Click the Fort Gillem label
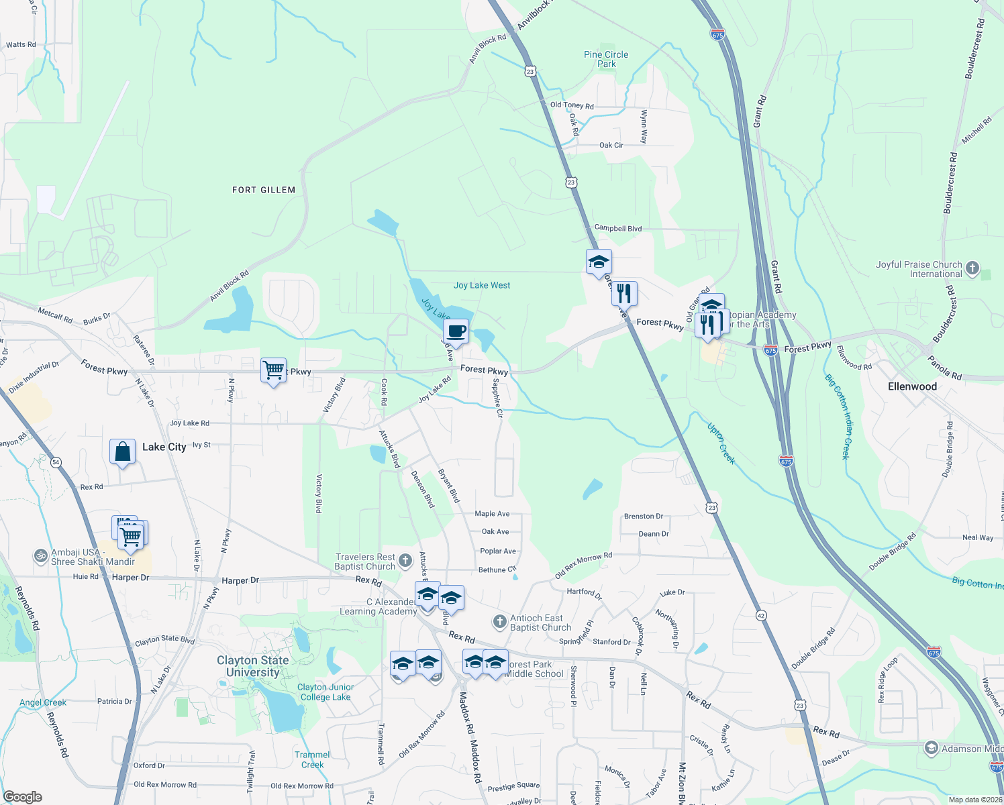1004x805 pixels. (x=264, y=190)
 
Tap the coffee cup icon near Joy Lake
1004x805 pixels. (x=456, y=331)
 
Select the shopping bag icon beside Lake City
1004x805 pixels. (x=123, y=451)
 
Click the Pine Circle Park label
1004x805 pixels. (x=606, y=59)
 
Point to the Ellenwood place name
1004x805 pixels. (x=912, y=386)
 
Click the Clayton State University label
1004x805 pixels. (x=253, y=666)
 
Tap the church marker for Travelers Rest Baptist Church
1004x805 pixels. (x=405, y=560)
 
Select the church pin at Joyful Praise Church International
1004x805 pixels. (x=972, y=268)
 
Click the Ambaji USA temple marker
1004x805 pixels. (x=41, y=555)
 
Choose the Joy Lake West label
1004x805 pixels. (x=482, y=285)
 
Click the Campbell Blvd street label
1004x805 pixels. (x=618, y=228)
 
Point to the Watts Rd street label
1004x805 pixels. (x=21, y=45)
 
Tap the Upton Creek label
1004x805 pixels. (x=721, y=443)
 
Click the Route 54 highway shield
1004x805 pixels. (x=56, y=462)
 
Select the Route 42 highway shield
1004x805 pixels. (x=760, y=615)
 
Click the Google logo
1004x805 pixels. (x=22, y=797)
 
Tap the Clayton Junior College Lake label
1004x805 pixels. (x=325, y=692)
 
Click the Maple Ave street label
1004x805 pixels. (x=492, y=514)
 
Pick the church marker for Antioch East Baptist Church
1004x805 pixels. (x=499, y=622)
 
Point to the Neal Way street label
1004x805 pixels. (x=977, y=537)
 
